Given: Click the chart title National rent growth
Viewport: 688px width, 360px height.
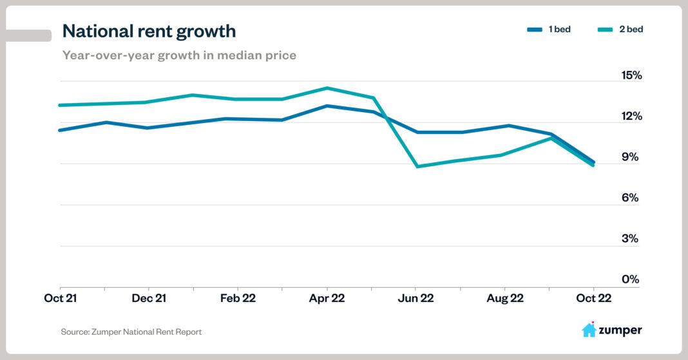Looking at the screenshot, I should pyautogui.click(x=149, y=30).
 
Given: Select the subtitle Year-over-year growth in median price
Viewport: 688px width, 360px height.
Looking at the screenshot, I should pyautogui.click(x=179, y=55).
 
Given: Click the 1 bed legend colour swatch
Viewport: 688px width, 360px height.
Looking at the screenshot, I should pyautogui.click(x=535, y=30).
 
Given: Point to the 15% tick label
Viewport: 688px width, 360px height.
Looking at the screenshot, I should pyautogui.click(x=631, y=75).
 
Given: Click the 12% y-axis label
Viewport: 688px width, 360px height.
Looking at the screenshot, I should pyautogui.click(x=631, y=117).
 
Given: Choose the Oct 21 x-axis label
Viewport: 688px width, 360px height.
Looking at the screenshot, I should pyautogui.click(x=60, y=299).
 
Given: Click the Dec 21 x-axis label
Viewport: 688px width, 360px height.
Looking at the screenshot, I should pyautogui.click(x=149, y=299).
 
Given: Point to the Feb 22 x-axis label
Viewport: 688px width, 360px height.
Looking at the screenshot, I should pyautogui.click(x=238, y=299).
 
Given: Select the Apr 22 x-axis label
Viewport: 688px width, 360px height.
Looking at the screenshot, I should pyautogui.click(x=327, y=299).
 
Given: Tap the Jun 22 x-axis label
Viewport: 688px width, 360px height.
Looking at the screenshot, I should pyautogui.click(x=416, y=299).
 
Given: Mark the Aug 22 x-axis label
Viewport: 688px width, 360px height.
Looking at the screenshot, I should pyautogui.click(x=505, y=299).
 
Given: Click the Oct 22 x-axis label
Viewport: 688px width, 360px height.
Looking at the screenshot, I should pyautogui.click(x=593, y=299).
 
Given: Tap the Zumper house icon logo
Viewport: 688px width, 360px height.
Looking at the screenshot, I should pyautogui.click(x=589, y=330).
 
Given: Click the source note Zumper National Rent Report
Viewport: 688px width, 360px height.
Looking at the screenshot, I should pyautogui.click(x=131, y=332).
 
